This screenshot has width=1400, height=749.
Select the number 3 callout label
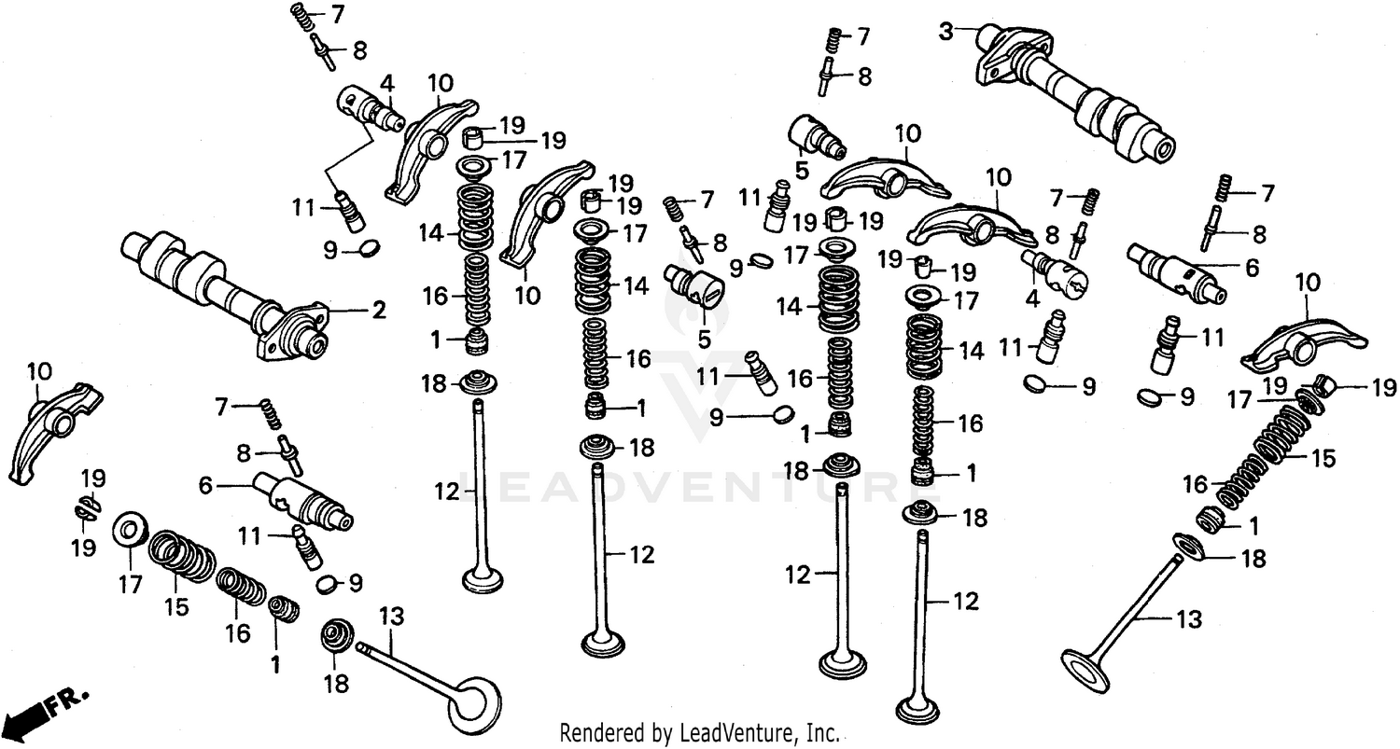(946, 32)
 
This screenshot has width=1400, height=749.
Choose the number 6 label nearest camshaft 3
(1251, 268)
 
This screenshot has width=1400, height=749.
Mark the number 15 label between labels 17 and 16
(175, 606)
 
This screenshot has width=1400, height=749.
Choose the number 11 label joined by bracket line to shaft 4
(301, 207)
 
